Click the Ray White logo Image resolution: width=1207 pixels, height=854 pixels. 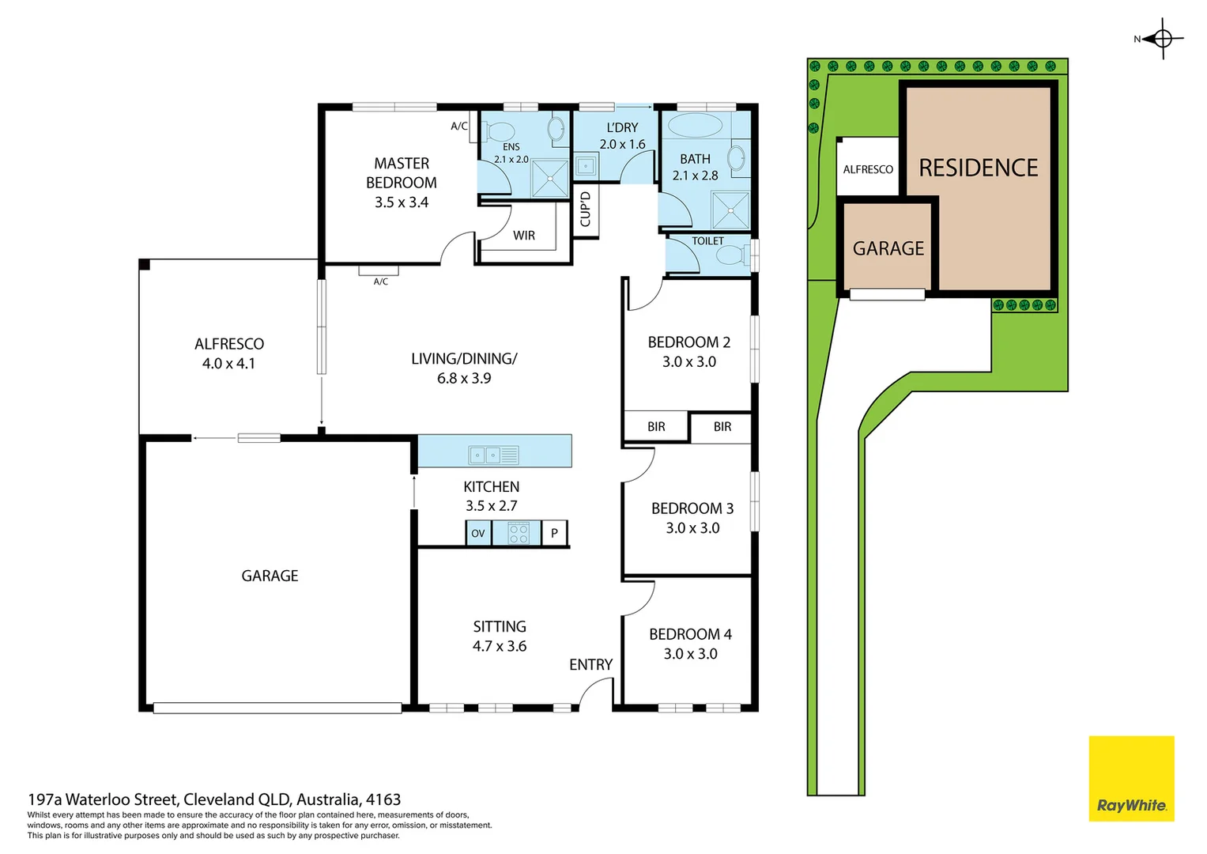pyautogui.click(x=1131, y=779)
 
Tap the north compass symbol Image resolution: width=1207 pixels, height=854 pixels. pyautogui.click(x=1163, y=38)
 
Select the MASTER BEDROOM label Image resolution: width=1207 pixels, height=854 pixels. pyautogui.click(x=402, y=173)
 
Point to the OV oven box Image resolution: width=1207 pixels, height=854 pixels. pyautogui.click(x=478, y=533)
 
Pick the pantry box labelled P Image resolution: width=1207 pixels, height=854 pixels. pyautogui.click(x=554, y=533)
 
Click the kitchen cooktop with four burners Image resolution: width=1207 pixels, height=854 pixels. pyautogui.click(x=518, y=533)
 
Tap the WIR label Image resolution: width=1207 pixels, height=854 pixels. pyautogui.click(x=524, y=236)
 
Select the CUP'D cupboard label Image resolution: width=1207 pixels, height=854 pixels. pyautogui.click(x=586, y=209)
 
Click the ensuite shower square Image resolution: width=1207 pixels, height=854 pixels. pyautogui.click(x=549, y=178)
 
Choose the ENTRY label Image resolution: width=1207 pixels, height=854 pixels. pyautogui.click(x=590, y=665)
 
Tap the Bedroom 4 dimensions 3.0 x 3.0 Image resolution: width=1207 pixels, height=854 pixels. pyautogui.click(x=690, y=654)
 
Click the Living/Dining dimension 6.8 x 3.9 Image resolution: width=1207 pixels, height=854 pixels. pyautogui.click(x=464, y=379)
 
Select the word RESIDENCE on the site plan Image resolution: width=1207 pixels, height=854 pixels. pyautogui.click(x=979, y=168)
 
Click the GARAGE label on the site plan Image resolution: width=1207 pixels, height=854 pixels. pyautogui.click(x=888, y=249)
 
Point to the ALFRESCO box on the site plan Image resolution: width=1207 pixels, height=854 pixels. pyautogui.click(x=868, y=168)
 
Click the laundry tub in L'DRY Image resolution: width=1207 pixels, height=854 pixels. pyautogui.click(x=586, y=167)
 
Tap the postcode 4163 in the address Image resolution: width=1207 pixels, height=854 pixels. pyautogui.click(x=383, y=799)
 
